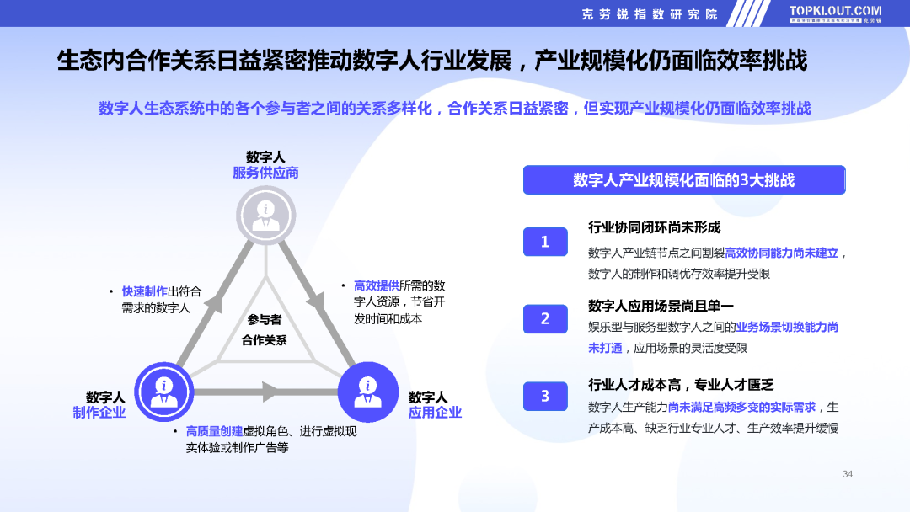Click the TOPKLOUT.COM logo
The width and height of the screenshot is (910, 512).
[835, 14]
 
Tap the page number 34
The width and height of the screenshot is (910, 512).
[848, 474]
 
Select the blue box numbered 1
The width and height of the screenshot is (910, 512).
[545, 242]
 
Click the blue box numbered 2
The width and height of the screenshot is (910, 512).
[545, 319]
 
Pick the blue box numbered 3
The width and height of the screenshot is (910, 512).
[545, 396]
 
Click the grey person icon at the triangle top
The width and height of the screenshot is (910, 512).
[265, 216]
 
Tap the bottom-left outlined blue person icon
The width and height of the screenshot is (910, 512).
[164, 392]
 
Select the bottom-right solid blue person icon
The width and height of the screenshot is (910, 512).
[368, 392]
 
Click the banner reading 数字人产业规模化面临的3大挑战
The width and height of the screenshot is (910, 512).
[684, 179]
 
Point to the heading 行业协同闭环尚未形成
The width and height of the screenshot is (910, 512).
[654, 227]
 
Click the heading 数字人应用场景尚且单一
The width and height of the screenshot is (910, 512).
[661, 306]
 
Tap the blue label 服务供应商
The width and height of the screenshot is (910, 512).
[265, 173]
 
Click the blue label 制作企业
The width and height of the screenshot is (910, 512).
[99, 413]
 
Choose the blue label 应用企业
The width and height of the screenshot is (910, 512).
[435, 413]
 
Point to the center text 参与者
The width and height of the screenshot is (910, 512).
[264, 319]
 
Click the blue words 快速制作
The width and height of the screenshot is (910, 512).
[145, 291]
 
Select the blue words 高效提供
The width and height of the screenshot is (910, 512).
[377, 285]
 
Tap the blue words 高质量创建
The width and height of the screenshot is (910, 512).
[214, 431]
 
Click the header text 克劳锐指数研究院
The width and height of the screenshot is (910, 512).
[650, 14]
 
